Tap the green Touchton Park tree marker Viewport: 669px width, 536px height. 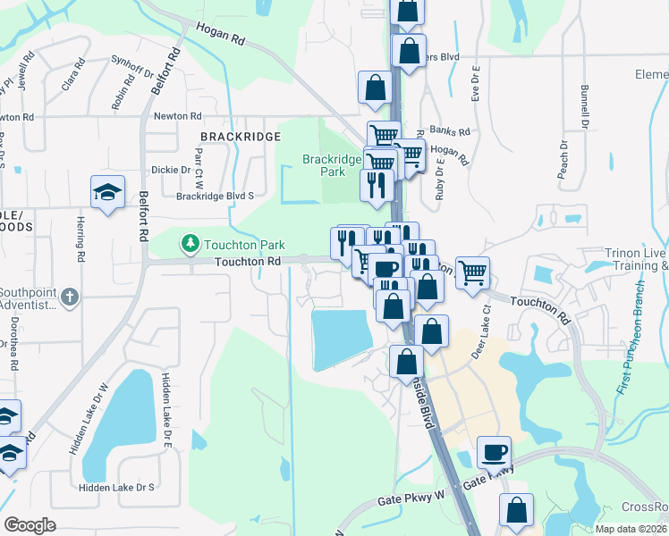click(190, 243)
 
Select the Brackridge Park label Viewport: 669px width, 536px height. click(331, 165)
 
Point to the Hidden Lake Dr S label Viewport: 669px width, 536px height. click(117, 487)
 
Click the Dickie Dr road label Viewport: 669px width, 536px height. click(172, 170)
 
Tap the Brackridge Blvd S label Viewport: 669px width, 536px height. click(216, 196)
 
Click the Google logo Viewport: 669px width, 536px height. click(30, 525)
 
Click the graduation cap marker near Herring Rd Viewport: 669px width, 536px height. click(107, 192)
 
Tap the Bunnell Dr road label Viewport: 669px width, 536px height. click(586, 105)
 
